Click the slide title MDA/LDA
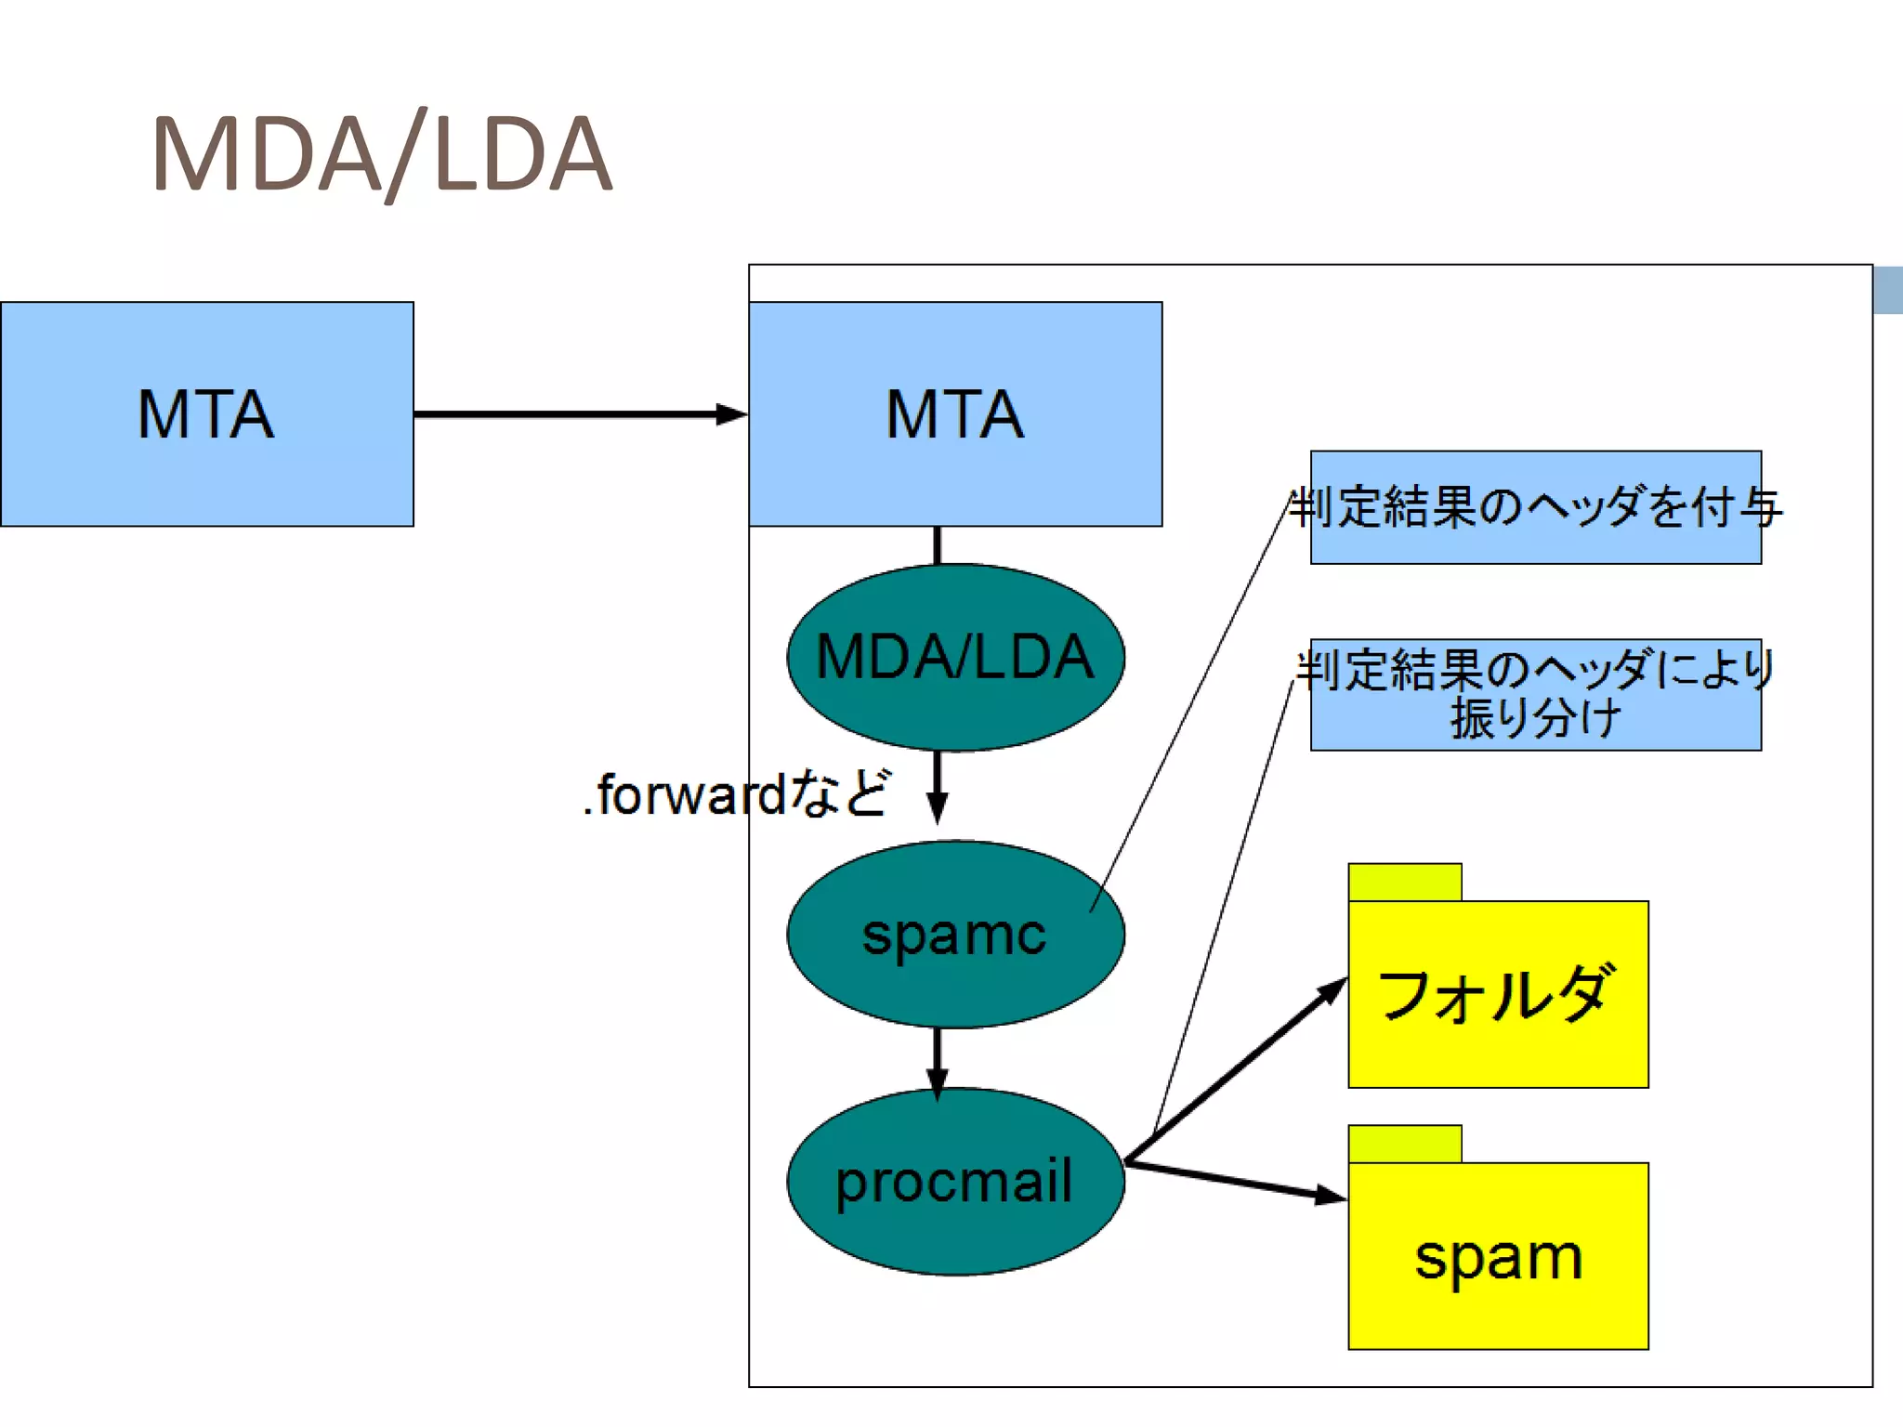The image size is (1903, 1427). click(381, 154)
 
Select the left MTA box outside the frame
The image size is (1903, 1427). click(206, 414)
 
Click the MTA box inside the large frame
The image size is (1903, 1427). click(955, 414)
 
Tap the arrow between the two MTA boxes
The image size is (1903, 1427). click(576, 414)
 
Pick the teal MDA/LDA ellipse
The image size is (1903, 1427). click(955, 657)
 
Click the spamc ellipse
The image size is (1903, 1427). click(955, 935)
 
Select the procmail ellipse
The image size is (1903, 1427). click(955, 1182)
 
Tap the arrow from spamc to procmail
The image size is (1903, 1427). click(938, 1059)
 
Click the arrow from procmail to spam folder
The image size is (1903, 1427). click(1236, 1181)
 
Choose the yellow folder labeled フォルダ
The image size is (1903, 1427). click(1498, 994)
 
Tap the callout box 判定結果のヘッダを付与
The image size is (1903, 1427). click(1535, 507)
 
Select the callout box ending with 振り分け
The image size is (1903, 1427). click(1535, 694)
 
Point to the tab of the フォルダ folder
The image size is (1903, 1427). click(1405, 882)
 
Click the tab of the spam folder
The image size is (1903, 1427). click(1405, 1144)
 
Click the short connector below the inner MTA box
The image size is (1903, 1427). click(938, 545)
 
